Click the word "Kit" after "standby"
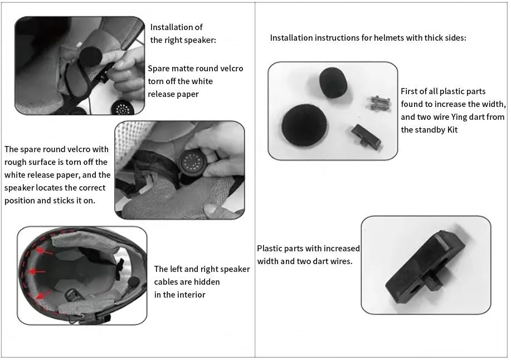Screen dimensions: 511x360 click(x=452, y=130)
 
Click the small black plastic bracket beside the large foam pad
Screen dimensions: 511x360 click(x=366, y=137)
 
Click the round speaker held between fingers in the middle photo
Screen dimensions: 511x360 click(x=193, y=162)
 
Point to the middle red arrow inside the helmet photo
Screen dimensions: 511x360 click(x=37, y=271)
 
